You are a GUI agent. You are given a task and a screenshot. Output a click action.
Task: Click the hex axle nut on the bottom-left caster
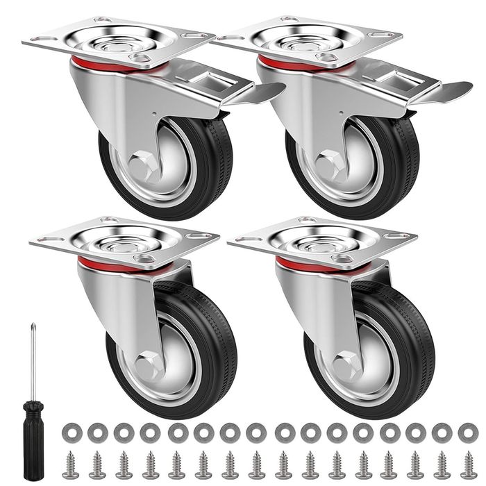pyautogui.click(x=147, y=365)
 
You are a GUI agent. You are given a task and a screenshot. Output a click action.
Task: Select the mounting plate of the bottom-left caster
pyautogui.click(x=125, y=240)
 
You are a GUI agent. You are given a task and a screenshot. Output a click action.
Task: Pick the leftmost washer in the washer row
pyautogui.click(x=71, y=433)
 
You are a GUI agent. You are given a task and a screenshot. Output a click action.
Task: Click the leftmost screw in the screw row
pyautogui.click(x=70, y=463)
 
